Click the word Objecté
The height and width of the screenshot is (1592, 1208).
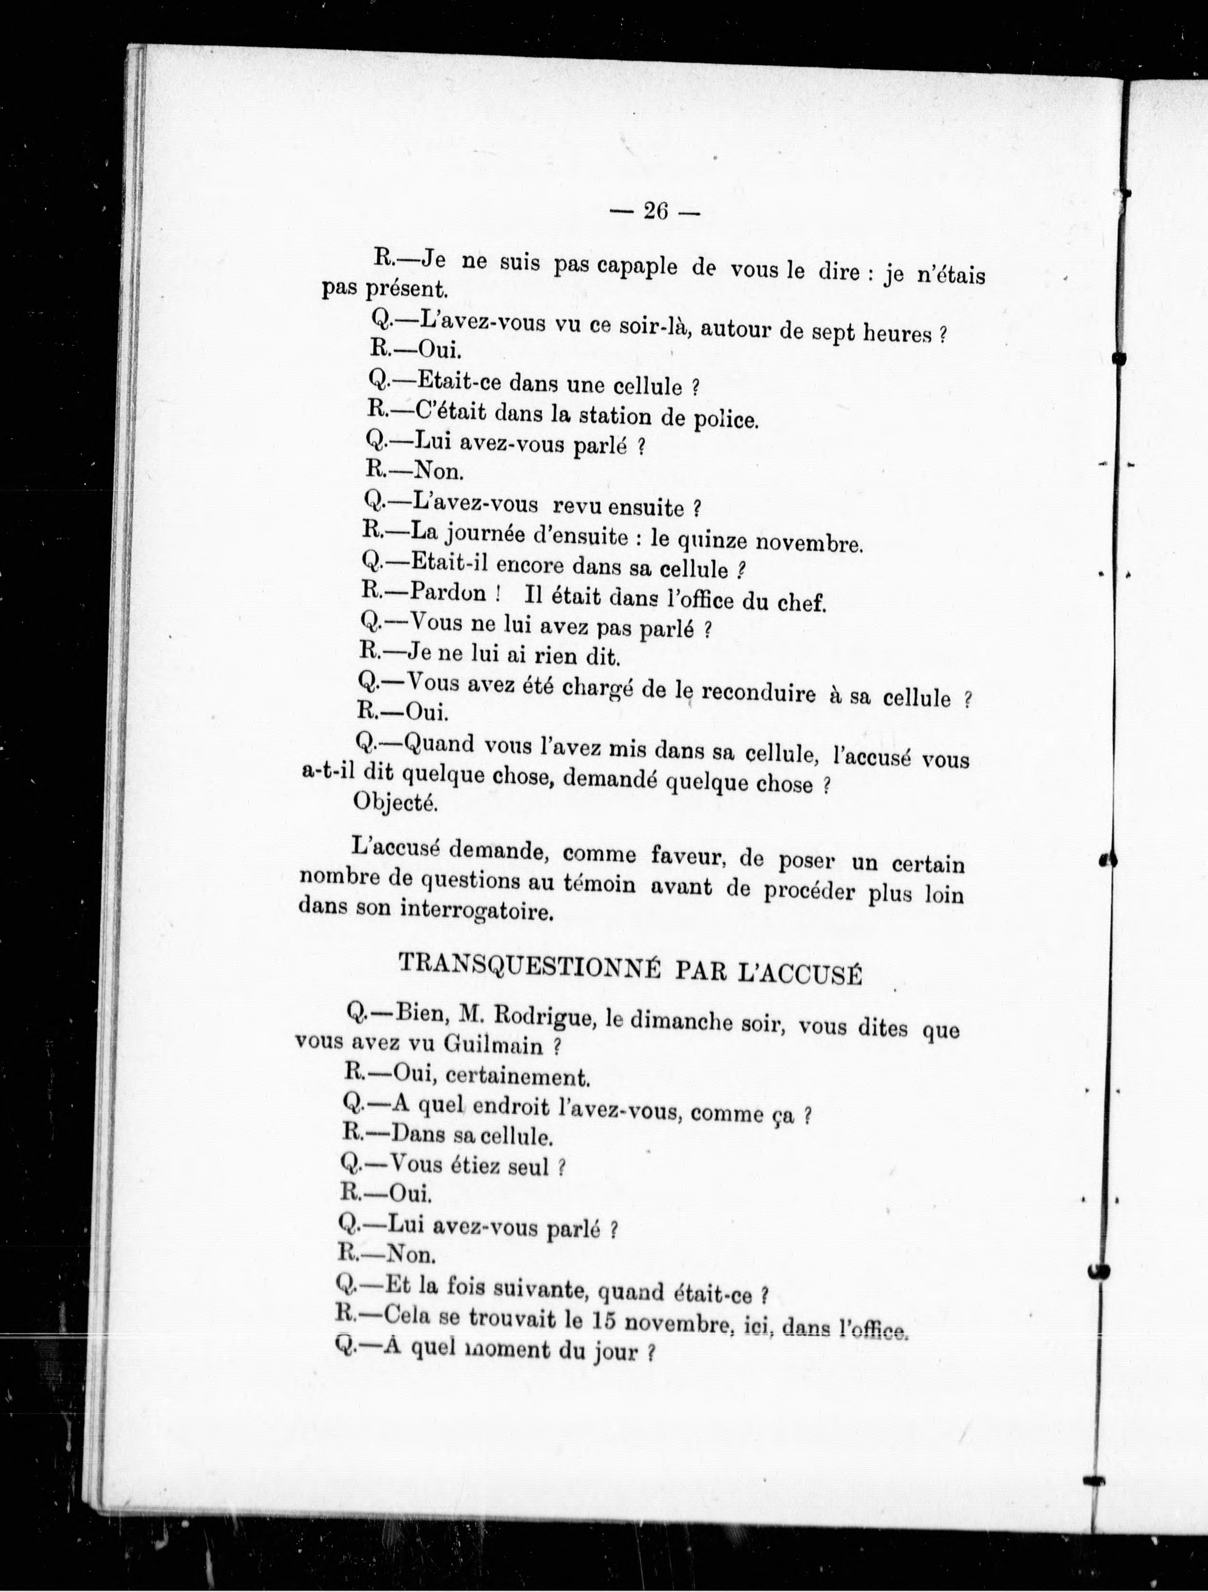[395, 803]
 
